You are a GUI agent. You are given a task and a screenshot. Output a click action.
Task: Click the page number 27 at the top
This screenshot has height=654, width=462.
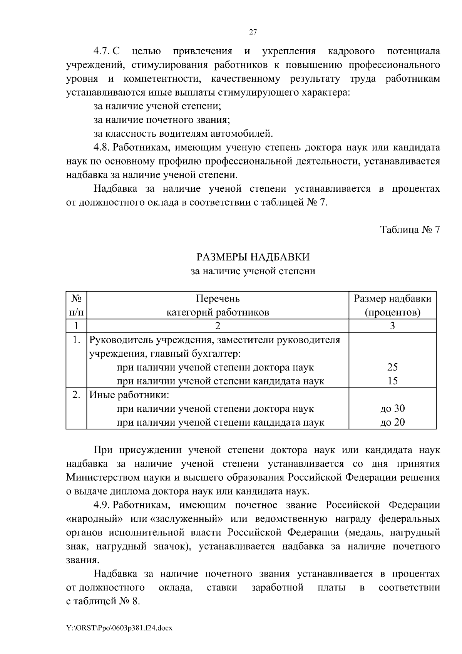[253, 32]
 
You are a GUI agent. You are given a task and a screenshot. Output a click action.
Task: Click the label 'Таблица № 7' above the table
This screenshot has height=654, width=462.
[410, 230]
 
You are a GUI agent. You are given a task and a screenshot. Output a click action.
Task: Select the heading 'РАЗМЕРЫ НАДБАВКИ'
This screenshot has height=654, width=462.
[253, 257]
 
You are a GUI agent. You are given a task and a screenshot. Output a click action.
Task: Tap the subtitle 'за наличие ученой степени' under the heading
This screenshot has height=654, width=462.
[253, 271]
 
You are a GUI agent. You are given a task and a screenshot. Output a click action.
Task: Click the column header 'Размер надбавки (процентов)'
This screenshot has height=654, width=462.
[392, 305]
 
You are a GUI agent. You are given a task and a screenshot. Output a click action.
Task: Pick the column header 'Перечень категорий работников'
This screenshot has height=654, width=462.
[218, 305]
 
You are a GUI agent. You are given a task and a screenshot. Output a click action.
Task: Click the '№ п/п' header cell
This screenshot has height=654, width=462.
[76, 305]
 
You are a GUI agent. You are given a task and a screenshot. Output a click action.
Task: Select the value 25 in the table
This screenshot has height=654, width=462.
[392, 367]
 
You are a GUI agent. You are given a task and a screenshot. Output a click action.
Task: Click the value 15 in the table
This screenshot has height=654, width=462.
[392, 381]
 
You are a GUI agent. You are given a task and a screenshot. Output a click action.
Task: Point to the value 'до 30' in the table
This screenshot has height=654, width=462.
[392, 409]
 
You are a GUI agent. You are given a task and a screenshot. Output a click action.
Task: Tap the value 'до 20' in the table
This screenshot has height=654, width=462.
[392, 423]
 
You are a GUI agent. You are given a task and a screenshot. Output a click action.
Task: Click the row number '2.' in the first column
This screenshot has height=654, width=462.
[76, 395]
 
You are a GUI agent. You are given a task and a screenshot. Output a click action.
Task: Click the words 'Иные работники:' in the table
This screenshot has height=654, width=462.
[129, 395]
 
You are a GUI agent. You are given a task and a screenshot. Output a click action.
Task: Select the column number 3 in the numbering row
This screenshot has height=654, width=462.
[392, 326]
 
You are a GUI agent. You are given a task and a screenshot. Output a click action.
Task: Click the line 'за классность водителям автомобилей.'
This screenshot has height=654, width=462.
[183, 134]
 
